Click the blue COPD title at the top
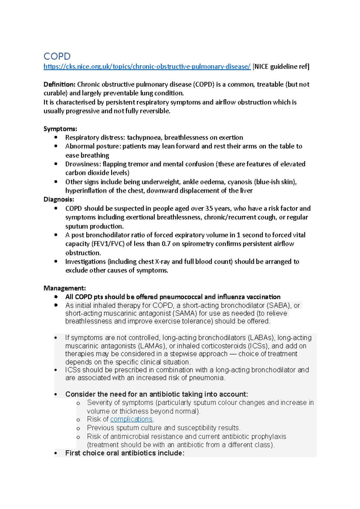click(57, 56)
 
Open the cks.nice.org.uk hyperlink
click(147, 67)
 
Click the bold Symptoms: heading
click(60, 129)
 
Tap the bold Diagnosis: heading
click(59, 199)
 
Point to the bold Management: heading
click(64, 288)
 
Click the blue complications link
click(131, 419)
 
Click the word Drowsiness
click(83, 164)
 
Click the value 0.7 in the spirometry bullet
click(166, 244)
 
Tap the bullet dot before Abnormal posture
click(56, 146)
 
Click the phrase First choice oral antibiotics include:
click(124, 453)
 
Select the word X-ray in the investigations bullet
click(162, 262)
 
